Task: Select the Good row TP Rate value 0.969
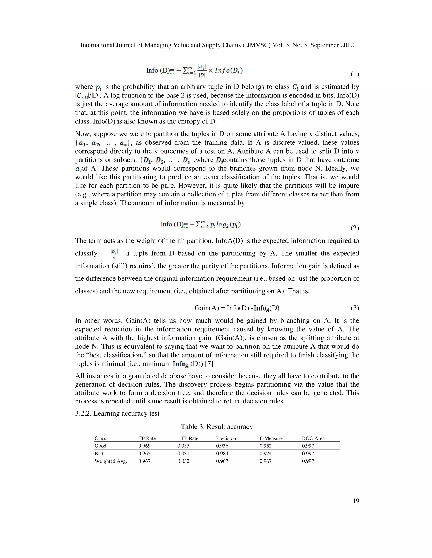pos(144,446)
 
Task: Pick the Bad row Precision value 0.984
pos(222,454)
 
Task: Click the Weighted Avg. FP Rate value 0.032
pos(183,461)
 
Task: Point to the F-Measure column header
pos(271,438)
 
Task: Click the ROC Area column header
pos(313,438)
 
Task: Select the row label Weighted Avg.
pos(111,461)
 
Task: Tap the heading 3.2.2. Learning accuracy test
pos(117,414)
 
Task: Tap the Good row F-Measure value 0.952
pos(265,446)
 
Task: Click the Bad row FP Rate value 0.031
pos(183,454)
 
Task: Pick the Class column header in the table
pos(100,438)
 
